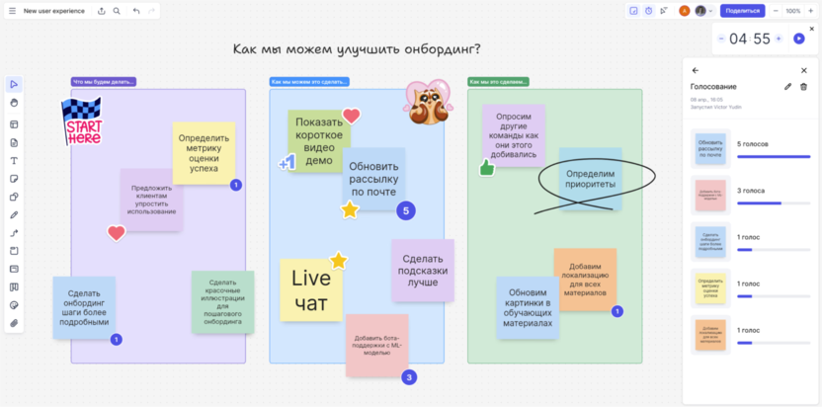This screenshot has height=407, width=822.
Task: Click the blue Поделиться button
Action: [x=742, y=11]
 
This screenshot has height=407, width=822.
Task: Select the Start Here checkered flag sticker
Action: [x=81, y=122]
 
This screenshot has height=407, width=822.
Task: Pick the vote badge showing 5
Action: [x=405, y=210]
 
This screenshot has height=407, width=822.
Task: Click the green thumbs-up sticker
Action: [x=486, y=168]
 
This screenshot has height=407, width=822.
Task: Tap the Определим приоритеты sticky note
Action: [x=590, y=179]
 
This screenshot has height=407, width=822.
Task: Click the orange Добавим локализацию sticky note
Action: [x=585, y=280]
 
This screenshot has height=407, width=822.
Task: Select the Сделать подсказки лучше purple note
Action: [x=422, y=270]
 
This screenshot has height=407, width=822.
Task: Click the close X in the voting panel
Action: [x=803, y=70]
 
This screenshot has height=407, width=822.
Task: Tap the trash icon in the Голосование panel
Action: [x=803, y=87]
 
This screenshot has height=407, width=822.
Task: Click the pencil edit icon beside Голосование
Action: [x=787, y=87]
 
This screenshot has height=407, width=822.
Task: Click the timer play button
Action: [x=798, y=39]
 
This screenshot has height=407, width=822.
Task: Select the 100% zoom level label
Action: [x=792, y=11]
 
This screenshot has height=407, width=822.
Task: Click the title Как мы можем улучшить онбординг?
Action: [x=357, y=48]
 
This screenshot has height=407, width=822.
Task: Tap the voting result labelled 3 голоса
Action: [x=750, y=191]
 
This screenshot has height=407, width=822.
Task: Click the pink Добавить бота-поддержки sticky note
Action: [x=377, y=345]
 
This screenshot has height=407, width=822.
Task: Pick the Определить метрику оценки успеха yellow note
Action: [x=204, y=153]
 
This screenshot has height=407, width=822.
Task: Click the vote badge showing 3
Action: [x=409, y=376]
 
